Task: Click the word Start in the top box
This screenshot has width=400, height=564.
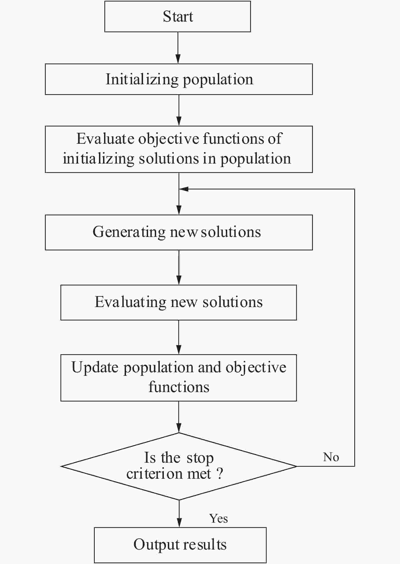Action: (x=178, y=17)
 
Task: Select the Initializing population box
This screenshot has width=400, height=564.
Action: (x=179, y=79)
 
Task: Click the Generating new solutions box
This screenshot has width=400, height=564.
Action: (x=179, y=232)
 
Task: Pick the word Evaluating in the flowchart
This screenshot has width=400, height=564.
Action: (x=130, y=302)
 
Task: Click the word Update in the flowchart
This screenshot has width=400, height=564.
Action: (x=95, y=367)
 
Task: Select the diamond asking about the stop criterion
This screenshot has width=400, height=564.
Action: (x=179, y=466)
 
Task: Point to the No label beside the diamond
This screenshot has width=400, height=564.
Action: (x=331, y=457)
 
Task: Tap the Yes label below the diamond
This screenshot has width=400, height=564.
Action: (x=218, y=519)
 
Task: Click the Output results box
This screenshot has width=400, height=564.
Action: (x=180, y=545)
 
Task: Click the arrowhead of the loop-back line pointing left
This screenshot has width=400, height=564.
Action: (x=184, y=189)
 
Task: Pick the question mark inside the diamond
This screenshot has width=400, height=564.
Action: (x=220, y=474)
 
